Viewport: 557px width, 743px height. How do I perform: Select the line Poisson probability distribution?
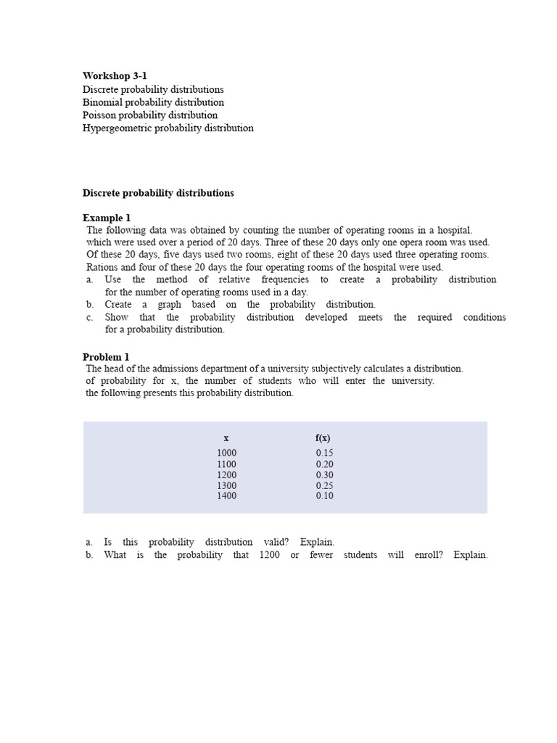click(x=150, y=115)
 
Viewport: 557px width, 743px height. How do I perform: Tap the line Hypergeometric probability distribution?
click(x=168, y=128)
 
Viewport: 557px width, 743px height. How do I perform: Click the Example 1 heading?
click(x=107, y=218)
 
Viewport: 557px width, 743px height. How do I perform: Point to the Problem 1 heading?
click(x=106, y=357)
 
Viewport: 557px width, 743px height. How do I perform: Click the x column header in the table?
click(x=226, y=438)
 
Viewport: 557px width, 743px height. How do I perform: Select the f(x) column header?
click(x=323, y=438)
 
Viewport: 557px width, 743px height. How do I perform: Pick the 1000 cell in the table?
click(x=226, y=453)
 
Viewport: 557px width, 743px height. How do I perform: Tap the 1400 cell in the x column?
click(x=226, y=496)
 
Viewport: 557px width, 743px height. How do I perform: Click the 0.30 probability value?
click(x=324, y=475)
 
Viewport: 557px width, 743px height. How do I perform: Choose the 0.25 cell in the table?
click(x=324, y=486)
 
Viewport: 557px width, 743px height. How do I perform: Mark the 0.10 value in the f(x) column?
click(x=324, y=496)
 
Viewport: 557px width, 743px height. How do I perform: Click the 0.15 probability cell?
click(x=324, y=453)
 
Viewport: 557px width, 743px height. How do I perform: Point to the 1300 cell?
click(x=226, y=486)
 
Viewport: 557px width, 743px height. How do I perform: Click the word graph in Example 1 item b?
click(x=169, y=305)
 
